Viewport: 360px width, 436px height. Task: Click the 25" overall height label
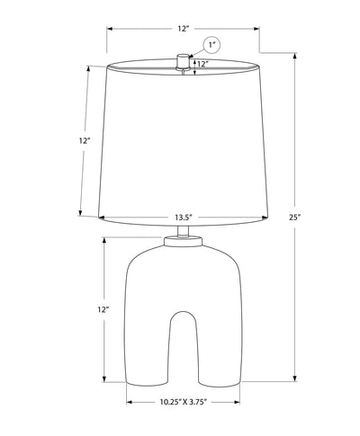(294, 218)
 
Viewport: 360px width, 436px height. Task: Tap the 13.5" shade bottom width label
(184, 218)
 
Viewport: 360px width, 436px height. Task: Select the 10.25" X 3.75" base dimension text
(184, 402)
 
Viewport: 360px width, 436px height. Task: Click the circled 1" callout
(212, 45)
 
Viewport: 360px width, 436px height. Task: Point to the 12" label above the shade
(184, 29)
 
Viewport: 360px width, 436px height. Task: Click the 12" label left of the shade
(85, 140)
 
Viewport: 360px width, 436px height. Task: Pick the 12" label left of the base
(103, 309)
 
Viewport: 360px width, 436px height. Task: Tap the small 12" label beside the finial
(202, 64)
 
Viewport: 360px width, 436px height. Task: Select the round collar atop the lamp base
(183, 242)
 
